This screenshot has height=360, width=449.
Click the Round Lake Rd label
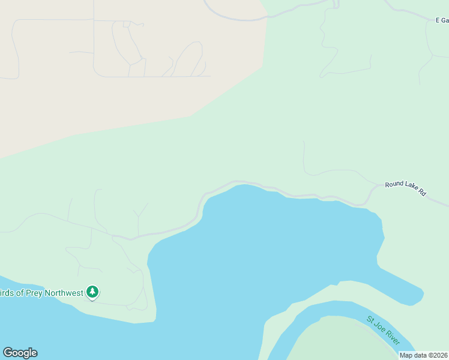tap(405, 188)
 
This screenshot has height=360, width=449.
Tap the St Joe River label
tap(383, 329)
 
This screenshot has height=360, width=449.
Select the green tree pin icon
tap(92, 292)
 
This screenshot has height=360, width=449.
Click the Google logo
tap(20, 353)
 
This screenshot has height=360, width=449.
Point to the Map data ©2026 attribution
tap(423, 355)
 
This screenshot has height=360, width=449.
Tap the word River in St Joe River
tap(391, 337)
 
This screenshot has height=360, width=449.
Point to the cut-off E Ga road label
tap(442, 20)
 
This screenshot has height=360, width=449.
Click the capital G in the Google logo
tap(8, 353)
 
